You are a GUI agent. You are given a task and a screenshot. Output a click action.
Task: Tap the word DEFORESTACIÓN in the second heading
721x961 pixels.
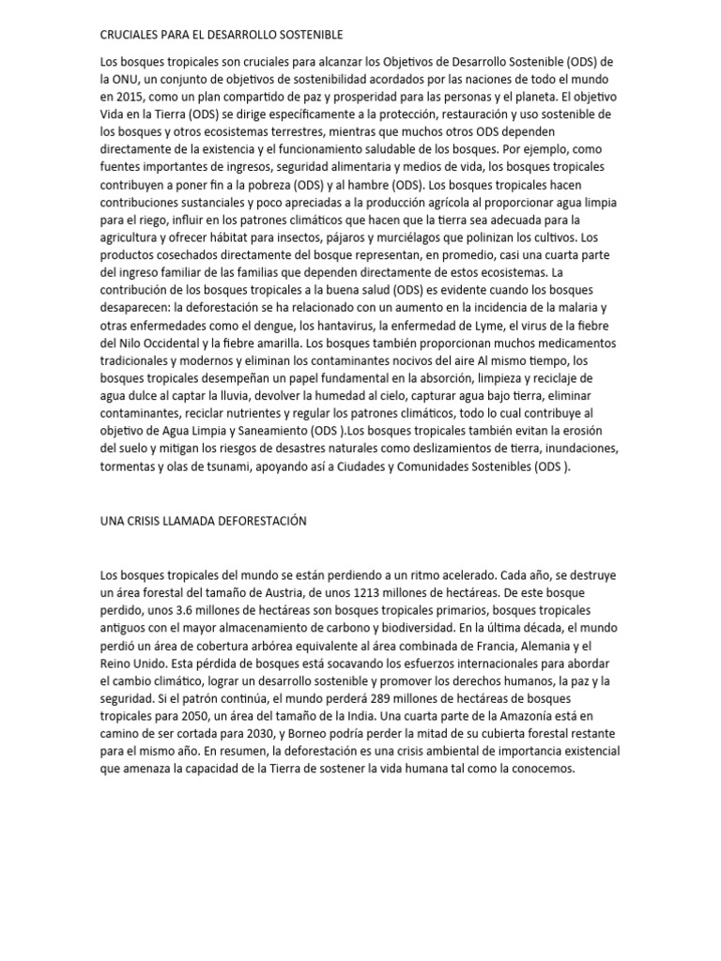pos(262,521)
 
